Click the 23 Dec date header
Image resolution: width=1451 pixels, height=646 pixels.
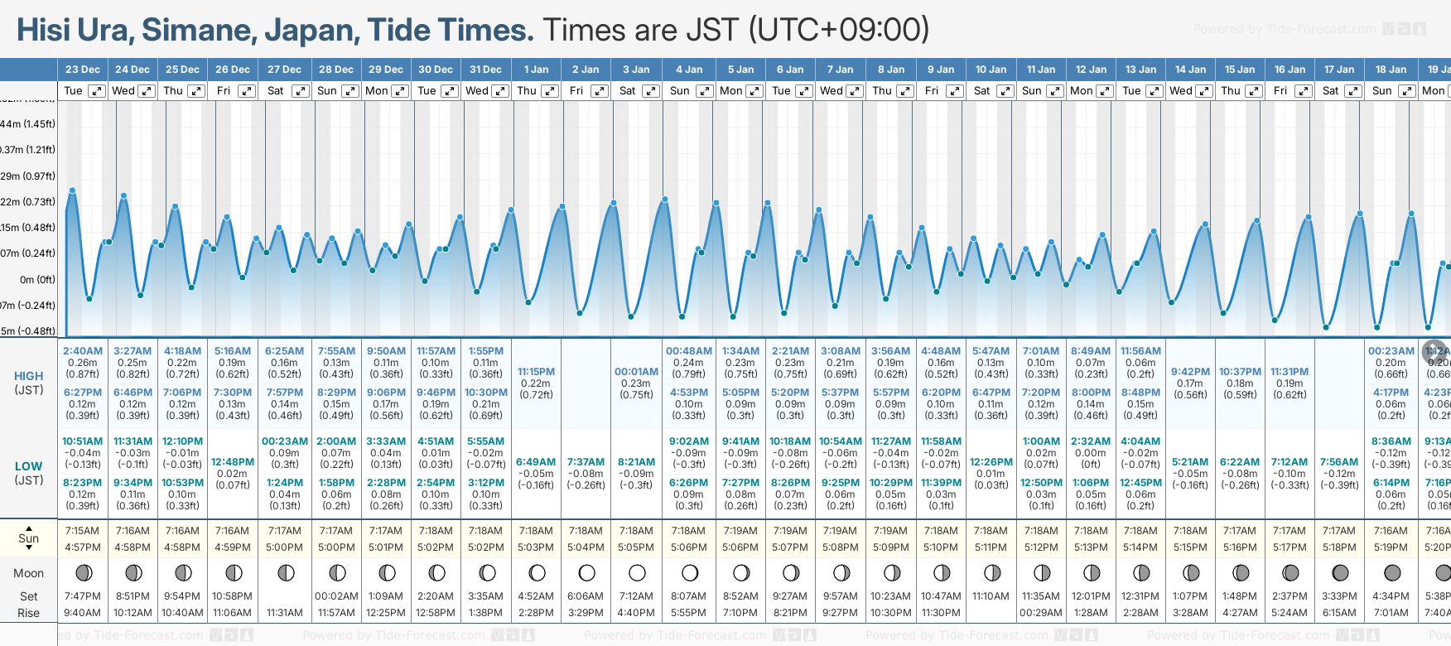pyautogui.click(x=82, y=70)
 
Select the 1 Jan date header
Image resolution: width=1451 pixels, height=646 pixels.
pyautogui.click(x=536, y=70)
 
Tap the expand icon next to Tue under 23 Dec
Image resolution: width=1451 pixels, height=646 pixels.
pyautogui.click(x=97, y=91)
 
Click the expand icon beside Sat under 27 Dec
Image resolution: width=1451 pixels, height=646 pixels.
pyautogui.click(x=301, y=91)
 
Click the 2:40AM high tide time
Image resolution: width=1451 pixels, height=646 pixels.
pyautogui.click(x=83, y=351)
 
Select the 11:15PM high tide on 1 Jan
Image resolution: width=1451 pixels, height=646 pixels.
pyautogui.click(x=536, y=372)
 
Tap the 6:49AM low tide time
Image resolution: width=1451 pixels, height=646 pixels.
pyautogui.click(x=536, y=462)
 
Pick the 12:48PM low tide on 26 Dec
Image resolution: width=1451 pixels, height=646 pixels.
pyautogui.click(x=233, y=462)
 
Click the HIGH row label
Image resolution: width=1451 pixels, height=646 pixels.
pyautogui.click(x=28, y=376)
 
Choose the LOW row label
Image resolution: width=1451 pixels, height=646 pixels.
pyautogui.click(x=28, y=466)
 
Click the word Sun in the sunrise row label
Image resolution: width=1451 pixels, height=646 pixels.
pyautogui.click(x=28, y=538)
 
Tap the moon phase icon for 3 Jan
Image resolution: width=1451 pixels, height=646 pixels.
pyautogui.click(x=637, y=572)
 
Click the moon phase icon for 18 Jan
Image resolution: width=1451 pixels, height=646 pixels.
pyautogui.click(x=1392, y=572)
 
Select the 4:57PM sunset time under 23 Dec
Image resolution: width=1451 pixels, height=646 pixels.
pyautogui.click(x=82, y=547)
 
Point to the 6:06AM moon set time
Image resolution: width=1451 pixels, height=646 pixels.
pyautogui.click(x=586, y=596)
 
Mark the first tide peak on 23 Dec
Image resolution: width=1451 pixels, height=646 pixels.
pyautogui.click(x=72, y=190)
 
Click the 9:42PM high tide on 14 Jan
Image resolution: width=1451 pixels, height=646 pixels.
pyautogui.click(x=1190, y=372)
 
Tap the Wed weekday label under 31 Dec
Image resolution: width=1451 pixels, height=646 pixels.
pyautogui.click(x=477, y=91)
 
